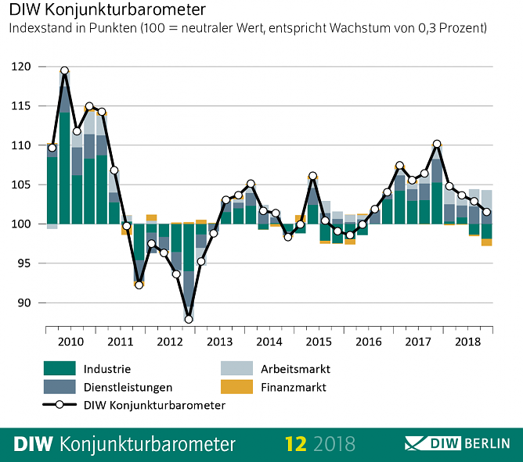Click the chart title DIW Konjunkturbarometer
click(x=107, y=11)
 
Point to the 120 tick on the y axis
click(x=23, y=67)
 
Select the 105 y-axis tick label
click(x=23, y=185)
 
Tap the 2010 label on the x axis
click(x=71, y=342)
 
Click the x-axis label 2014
click(x=269, y=342)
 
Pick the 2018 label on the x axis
click(x=467, y=342)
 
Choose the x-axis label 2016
click(x=368, y=342)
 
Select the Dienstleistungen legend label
click(x=129, y=387)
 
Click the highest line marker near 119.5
click(x=64, y=71)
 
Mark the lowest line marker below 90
click(x=189, y=319)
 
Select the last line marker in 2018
click(x=486, y=212)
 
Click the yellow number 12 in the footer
click(x=295, y=444)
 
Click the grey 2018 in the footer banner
click(x=334, y=444)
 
